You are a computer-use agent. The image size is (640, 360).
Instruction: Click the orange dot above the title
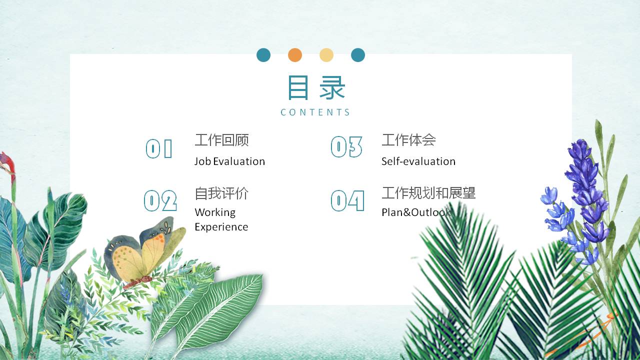pos(295,55)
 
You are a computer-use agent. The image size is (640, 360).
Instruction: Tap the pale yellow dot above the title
pos(326,55)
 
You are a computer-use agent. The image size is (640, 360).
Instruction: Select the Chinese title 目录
pos(316,88)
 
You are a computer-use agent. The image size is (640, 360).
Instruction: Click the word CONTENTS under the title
pos(315,112)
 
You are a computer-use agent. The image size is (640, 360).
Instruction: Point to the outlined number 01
pos(159,148)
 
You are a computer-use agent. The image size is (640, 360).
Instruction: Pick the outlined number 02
pos(160,201)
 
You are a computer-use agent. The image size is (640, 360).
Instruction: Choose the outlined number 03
pos(346,147)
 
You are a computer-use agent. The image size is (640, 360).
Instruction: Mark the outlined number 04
pos(347,201)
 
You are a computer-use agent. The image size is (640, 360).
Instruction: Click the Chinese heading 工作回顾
pos(221,140)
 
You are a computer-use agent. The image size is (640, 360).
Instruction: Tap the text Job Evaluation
pos(229,161)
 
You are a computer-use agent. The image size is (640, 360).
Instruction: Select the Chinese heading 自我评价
pos(221,193)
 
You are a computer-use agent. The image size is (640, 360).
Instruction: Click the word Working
pos(215,212)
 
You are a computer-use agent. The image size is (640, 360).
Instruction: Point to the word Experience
pos(221,227)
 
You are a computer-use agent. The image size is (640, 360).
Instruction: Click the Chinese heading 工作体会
pos(408,140)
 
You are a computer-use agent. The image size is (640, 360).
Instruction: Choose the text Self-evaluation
pos(418,161)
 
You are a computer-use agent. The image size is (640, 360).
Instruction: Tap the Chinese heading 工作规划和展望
pos(428,193)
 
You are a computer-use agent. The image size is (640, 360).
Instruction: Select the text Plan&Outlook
pos(416,212)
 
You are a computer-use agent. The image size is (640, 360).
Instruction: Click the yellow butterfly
pos(142,252)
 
